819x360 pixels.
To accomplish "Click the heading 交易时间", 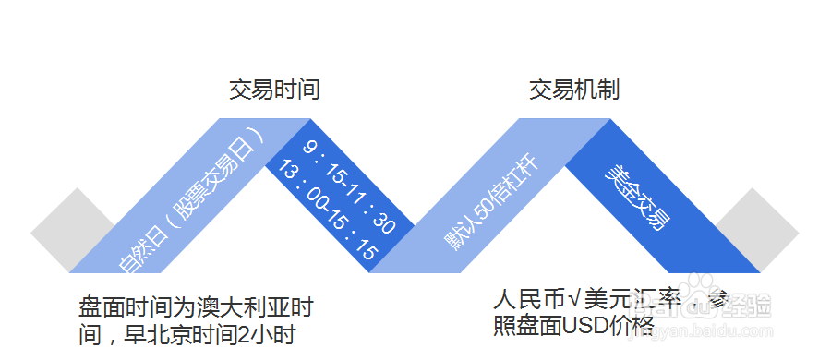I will (274, 90).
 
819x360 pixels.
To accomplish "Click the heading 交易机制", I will (573, 90).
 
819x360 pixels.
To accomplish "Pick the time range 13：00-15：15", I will (328, 211).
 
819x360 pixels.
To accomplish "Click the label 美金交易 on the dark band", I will (637, 198).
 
